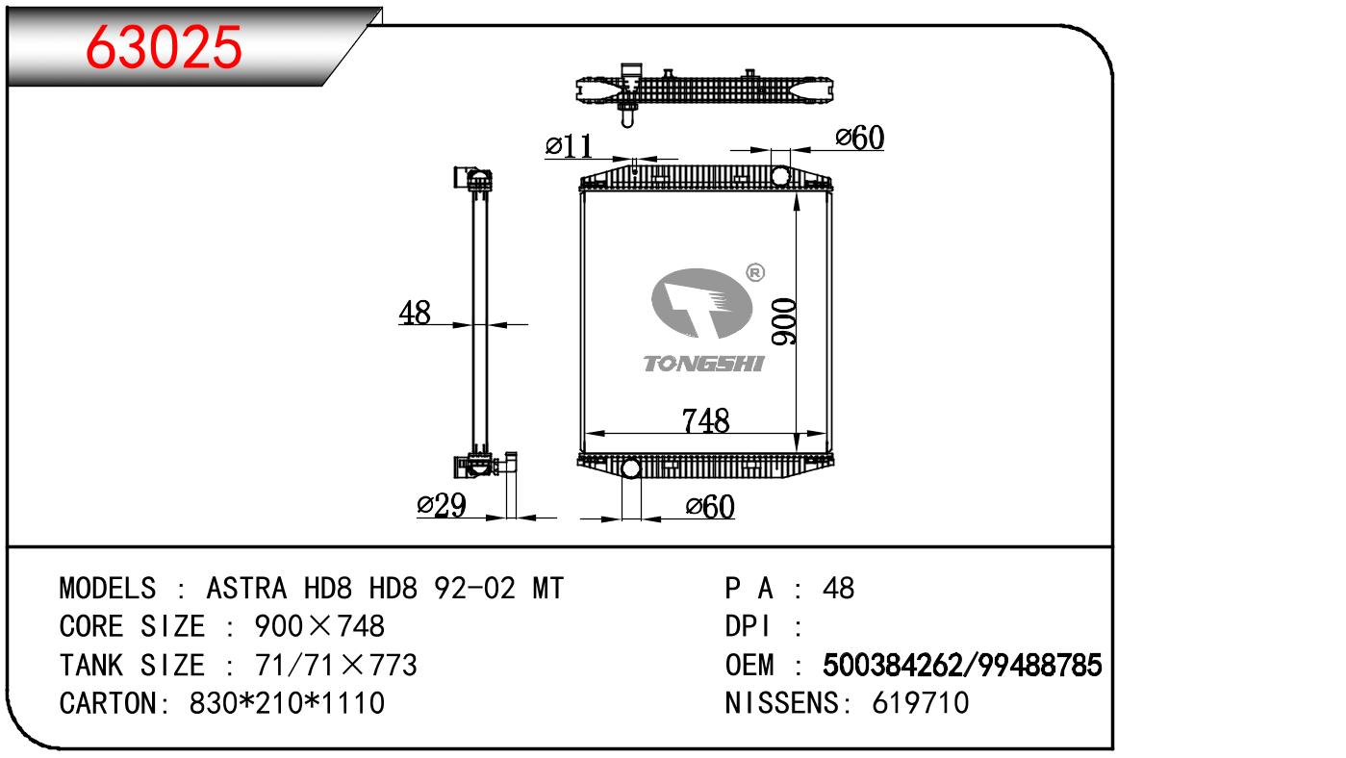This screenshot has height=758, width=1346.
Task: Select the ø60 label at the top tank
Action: pyautogui.click(x=859, y=139)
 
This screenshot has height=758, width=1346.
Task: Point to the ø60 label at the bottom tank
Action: pyautogui.click(x=710, y=506)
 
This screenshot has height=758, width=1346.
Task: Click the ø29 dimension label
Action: pyautogui.click(x=441, y=505)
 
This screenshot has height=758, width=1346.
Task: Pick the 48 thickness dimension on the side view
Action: pyautogui.click(x=415, y=313)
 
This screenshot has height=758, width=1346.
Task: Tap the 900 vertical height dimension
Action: pyautogui.click(x=784, y=322)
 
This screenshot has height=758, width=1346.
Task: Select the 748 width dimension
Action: pyautogui.click(x=705, y=420)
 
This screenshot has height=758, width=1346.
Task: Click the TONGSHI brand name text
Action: pyautogui.click(x=703, y=364)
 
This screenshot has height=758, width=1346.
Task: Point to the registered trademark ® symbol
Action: pyautogui.click(x=755, y=273)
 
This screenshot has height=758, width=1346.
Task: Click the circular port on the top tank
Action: pyautogui.click(x=780, y=177)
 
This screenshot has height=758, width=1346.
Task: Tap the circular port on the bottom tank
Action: pyautogui.click(x=631, y=468)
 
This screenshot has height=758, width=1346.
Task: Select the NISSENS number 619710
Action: pyautogui.click(x=921, y=703)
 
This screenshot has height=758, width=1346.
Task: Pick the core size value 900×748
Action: pyautogui.click(x=318, y=626)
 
